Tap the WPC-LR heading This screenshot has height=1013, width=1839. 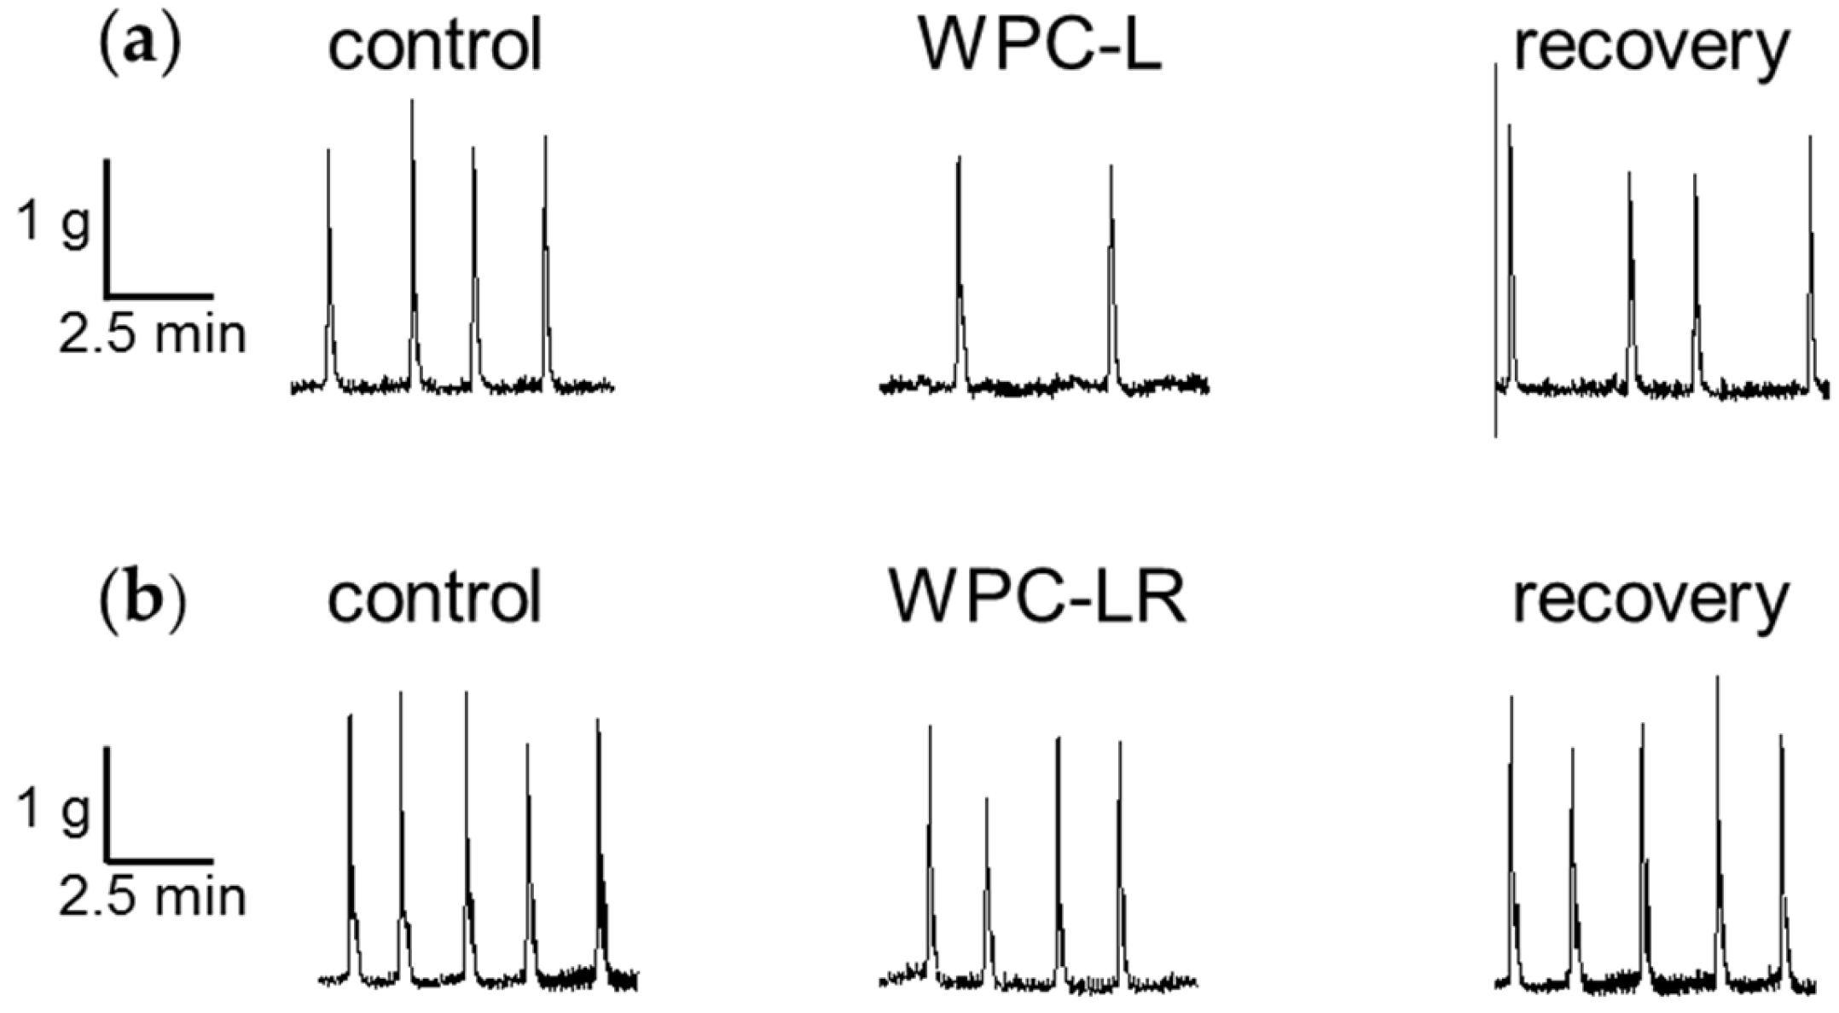pyautogui.click(x=1037, y=599)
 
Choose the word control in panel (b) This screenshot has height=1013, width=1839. pyautogui.click(x=435, y=599)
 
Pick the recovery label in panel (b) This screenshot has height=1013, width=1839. pyautogui.click(x=1650, y=599)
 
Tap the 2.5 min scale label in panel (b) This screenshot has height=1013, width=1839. pyautogui.click(x=152, y=898)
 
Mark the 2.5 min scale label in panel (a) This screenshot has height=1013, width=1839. pyautogui.click(x=152, y=335)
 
